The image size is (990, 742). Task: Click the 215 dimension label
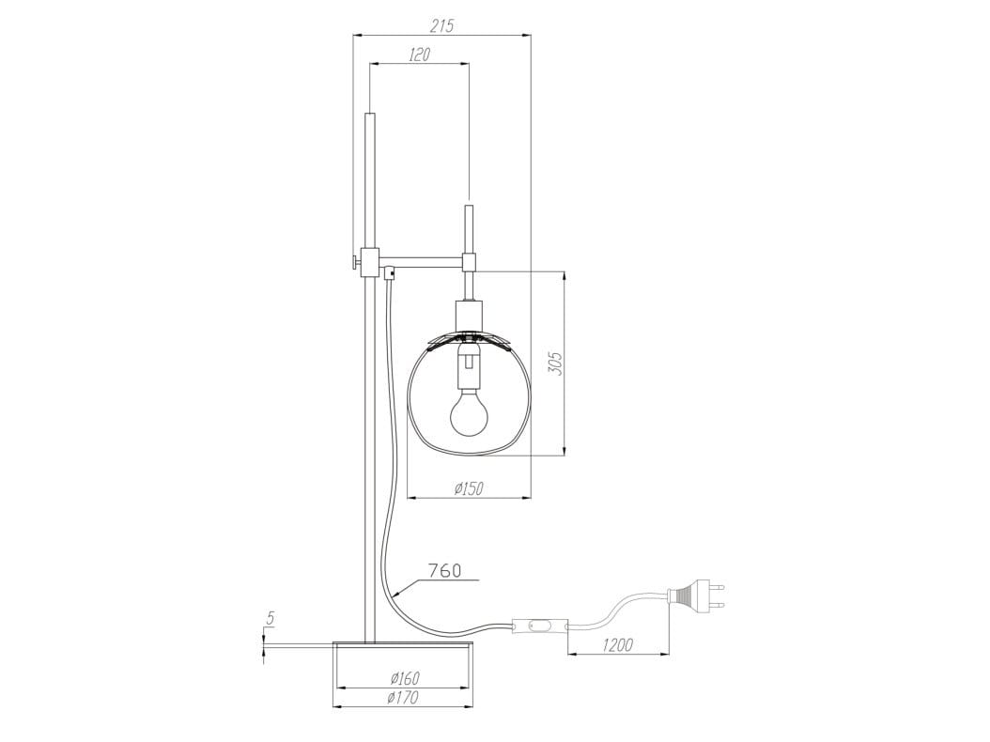442,26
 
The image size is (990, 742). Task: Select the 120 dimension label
419,54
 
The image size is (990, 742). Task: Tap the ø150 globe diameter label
469,488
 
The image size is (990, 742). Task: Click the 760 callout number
444,571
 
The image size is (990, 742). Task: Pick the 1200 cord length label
617,644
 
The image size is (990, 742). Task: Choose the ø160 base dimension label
405,678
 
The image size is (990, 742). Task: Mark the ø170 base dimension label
404,697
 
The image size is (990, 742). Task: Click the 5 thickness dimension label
270,618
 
